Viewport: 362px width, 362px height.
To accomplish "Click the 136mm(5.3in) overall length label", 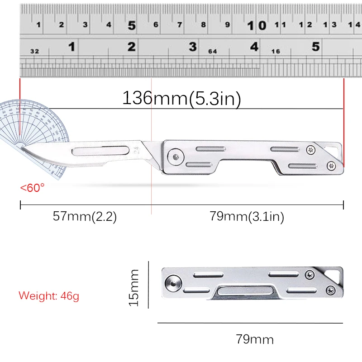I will pos(181,98).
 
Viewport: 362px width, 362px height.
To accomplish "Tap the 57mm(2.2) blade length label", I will pos(85,216).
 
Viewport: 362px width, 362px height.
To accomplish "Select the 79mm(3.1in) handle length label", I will pos(247,217).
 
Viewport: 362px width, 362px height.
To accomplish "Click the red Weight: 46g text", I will pos(49,296).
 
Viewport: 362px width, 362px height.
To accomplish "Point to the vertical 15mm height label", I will pos(134,287).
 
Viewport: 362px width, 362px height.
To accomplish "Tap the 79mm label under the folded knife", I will pos(254,338).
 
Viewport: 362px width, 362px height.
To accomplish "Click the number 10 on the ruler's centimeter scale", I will pos(256,25).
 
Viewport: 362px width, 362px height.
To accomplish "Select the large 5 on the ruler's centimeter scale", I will pos(131,25).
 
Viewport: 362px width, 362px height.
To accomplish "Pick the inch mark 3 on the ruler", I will pos(193,46).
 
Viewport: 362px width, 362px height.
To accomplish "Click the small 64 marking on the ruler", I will pos(212,52).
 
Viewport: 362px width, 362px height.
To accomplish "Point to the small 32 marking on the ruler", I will pos(34,52).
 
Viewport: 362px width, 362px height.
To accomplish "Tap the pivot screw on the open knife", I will pos(175,157).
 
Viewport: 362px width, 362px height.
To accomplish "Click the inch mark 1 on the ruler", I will pos(71,46).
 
